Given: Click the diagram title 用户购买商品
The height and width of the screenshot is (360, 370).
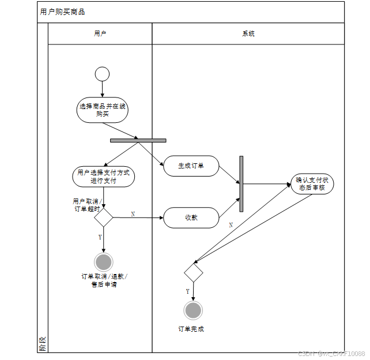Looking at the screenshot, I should click(x=62, y=12).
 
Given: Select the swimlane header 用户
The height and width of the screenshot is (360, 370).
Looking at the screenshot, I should click(x=100, y=33).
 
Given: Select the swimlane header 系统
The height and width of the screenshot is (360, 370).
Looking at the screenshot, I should click(x=248, y=33).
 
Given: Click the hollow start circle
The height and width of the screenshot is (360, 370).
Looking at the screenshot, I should click(x=102, y=74).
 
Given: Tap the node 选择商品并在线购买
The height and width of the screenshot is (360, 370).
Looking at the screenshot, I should click(x=103, y=110).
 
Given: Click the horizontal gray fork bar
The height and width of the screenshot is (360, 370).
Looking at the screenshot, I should click(x=138, y=140).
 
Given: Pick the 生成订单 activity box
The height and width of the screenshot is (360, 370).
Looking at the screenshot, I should click(x=191, y=166).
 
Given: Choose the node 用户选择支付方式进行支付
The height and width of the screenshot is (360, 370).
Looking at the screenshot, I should click(x=104, y=177).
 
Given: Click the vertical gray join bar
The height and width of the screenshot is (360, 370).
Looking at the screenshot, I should click(x=241, y=183).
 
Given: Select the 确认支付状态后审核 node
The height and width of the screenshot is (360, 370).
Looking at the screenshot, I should click(x=312, y=183).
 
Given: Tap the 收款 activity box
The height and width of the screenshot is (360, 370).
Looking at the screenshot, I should click(x=191, y=218).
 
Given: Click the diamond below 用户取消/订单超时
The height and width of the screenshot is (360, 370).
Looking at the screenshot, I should click(x=104, y=217).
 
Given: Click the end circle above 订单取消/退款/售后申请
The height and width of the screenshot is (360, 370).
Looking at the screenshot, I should click(x=104, y=262).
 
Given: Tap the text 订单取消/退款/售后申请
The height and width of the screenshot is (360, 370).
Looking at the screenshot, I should click(x=104, y=280).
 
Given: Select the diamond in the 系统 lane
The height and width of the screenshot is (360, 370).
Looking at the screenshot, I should click(x=194, y=272).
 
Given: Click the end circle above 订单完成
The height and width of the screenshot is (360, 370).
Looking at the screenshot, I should click(x=193, y=310).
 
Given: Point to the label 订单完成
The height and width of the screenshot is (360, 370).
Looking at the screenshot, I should click(x=191, y=329).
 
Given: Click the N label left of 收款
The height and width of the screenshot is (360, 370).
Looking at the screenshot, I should click(x=133, y=214).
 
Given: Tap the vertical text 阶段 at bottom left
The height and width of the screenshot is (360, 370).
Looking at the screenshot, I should click(x=42, y=344).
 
